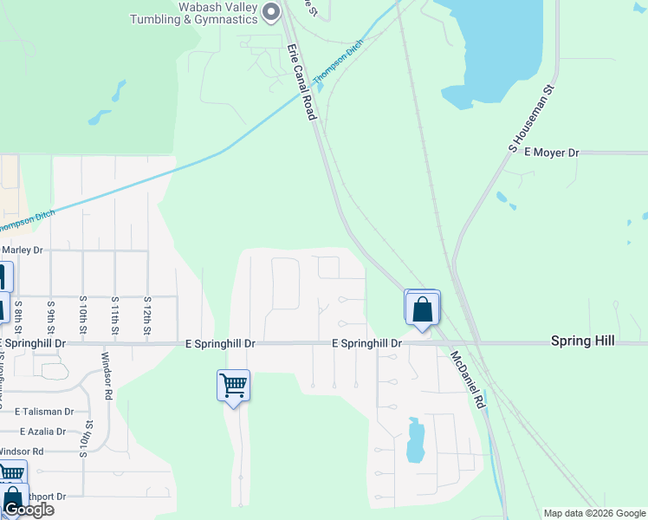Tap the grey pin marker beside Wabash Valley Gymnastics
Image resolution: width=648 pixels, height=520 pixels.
tap(271, 11)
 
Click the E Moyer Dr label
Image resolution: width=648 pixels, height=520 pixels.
tap(543, 153)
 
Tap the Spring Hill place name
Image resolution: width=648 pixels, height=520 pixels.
tap(582, 341)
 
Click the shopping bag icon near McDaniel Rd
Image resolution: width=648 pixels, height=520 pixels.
tap(422, 309)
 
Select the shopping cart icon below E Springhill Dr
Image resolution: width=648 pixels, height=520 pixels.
tap(234, 385)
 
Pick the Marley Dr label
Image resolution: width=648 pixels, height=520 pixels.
tap(23, 250)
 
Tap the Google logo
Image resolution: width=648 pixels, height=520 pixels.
tap(29, 510)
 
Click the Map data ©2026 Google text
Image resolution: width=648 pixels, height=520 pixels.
tap(593, 513)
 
